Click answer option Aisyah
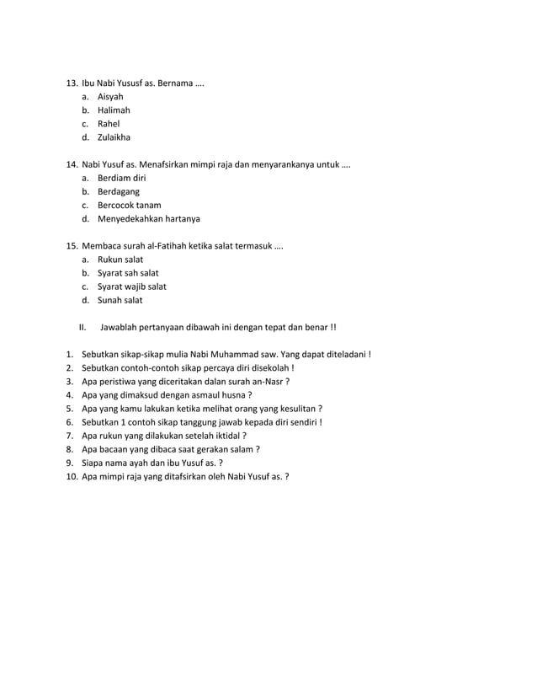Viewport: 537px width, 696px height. (x=110, y=97)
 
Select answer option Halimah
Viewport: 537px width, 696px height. (x=114, y=110)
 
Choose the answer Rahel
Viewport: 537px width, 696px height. (x=109, y=124)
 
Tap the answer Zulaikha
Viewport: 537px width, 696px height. (x=114, y=137)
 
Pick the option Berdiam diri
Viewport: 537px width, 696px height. (x=122, y=179)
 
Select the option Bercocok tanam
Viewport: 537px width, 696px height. (x=129, y=206)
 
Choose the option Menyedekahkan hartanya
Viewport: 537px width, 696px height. (x=148, y=219)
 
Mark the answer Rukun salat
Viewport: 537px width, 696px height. (x=120, y=260)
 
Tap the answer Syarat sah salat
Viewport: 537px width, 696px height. (x=128, y=273)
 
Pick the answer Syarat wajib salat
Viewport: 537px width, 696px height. (x=131, y=286)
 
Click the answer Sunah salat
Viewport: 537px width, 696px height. (x=120, y=300)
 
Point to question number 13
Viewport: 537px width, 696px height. (x=71, y=83)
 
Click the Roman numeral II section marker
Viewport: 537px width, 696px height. (x=82, y=327)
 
